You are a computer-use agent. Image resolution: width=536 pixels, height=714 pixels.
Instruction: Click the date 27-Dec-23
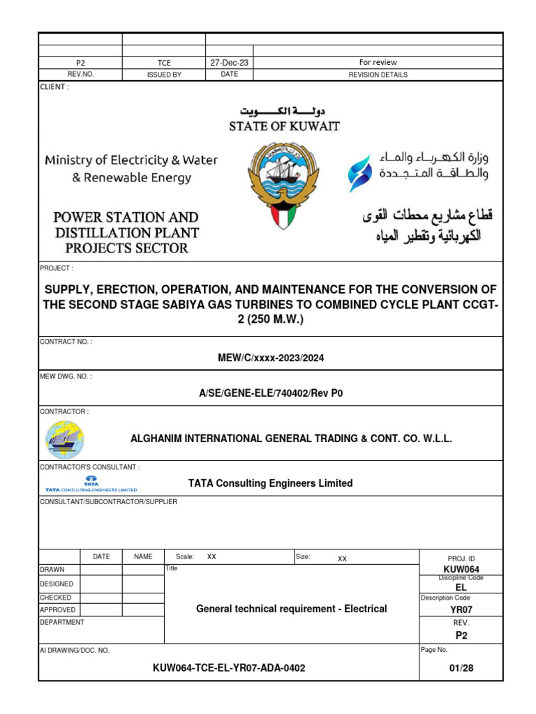click(229, 62)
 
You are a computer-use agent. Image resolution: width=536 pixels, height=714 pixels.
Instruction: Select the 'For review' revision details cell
click(378, 62)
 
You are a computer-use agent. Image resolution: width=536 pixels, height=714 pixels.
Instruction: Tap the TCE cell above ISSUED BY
click(164, 63)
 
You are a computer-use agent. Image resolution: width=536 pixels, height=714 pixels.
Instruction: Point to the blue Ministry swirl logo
click(360, 174)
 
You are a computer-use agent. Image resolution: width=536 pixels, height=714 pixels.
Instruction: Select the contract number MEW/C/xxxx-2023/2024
click(271, 358)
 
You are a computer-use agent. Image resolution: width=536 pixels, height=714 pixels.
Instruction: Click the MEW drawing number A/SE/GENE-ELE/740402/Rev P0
click(271, 393)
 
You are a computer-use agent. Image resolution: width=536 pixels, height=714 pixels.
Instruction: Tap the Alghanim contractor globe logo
click(64, 439)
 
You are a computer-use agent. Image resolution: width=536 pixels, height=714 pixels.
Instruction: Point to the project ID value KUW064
click(461, 570)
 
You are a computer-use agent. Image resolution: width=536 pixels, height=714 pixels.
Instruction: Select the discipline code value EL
click(461, 587)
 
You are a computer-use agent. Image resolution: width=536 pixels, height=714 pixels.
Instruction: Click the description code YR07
click(461, 609)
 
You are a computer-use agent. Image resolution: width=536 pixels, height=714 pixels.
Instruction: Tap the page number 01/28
click(461, 667)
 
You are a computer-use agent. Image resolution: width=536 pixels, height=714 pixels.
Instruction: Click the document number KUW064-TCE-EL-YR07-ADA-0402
click(229, 667)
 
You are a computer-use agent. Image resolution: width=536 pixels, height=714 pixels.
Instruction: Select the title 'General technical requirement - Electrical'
click(291, 609)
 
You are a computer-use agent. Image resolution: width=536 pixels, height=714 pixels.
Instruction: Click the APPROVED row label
click(58, 609)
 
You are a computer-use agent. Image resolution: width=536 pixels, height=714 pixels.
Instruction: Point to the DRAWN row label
click(52, 570)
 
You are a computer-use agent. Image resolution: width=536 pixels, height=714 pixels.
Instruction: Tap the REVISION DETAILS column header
click(378, 75)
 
